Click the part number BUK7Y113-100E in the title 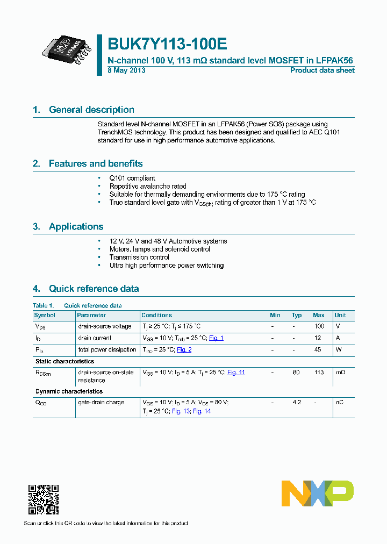point(163,44)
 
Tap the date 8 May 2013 point(127,70)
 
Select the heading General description point(91,110)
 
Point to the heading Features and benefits point(96,163)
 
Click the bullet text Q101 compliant point(132,178)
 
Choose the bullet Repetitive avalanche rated point(148,186)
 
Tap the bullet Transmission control point(139,257)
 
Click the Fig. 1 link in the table point(216,338)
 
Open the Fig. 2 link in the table point(184,350)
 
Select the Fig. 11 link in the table point(236,373)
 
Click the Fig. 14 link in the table point(202,411)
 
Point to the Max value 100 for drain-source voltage point(319,326)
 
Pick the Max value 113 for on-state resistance point(319,373)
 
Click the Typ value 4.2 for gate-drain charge point(296,403)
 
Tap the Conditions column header point(156,315)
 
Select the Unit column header point(340,315)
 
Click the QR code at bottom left point(44,499)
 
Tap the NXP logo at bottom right point(318,493)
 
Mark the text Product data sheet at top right point(322,70)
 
